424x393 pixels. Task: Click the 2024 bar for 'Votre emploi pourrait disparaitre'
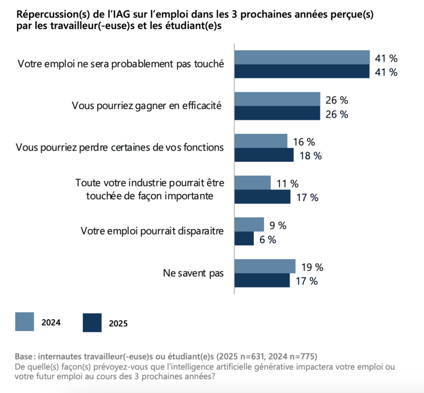pyautogui.click(x=249, y=224)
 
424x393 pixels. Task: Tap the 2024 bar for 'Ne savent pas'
pyautogui.click(x=265, y=266)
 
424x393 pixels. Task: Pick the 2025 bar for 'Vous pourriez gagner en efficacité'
pyautogui.click(x=277, y=113)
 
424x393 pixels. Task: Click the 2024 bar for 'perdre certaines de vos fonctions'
pyautogui.click(x=261, y=141)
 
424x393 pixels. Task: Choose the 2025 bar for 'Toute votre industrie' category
pyautogui.click(x=262, y=197)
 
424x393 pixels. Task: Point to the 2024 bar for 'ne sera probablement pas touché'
pyautogui.click(x=302, y=57)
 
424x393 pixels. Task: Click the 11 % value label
pyautogui.click(x=287, y=184)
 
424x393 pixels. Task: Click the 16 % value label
pyautogui.click(x=304, y=142)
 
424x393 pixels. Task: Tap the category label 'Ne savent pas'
pyautogui.click(x=193, y=274)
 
